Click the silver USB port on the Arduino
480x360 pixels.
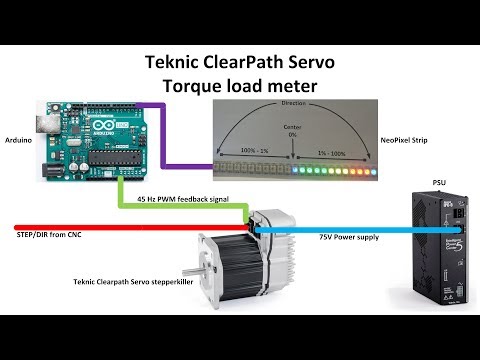coord(45,125)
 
